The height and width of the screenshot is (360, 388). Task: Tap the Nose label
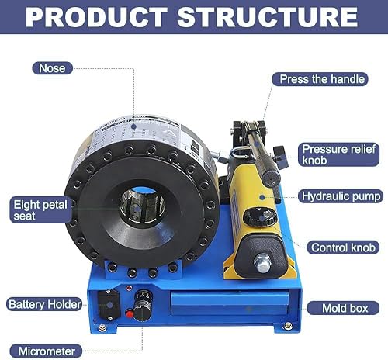pos(53,68)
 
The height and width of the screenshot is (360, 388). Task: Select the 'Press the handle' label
pos(318,79)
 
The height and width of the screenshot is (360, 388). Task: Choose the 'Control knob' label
pos(344,248)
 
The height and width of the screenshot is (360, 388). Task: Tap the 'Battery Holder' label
pos(43,303)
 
